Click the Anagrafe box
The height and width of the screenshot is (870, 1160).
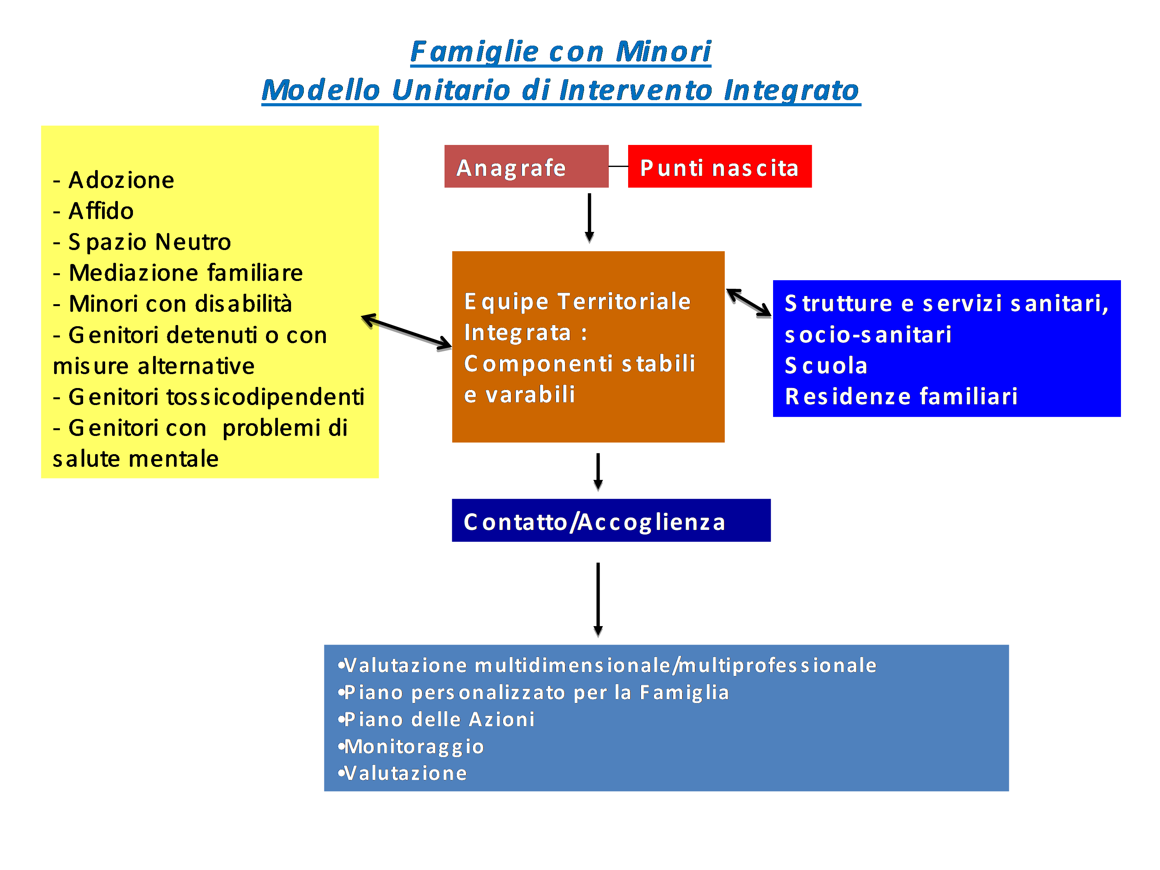[526, 166]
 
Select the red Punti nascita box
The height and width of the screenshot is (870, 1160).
[719, 166]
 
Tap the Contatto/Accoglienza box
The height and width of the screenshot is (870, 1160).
[611, 520]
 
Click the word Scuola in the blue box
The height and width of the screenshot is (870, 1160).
[826, 366]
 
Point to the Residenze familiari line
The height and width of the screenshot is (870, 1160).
[901, 397]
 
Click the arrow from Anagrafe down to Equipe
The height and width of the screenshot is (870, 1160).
[589, 218]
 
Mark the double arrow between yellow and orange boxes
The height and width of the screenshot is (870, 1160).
[406, 331]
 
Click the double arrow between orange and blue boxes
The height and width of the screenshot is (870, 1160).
[748, 303]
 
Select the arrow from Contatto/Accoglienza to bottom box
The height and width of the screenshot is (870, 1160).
[598, 599]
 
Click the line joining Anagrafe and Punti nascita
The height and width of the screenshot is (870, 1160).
[618, 166]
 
